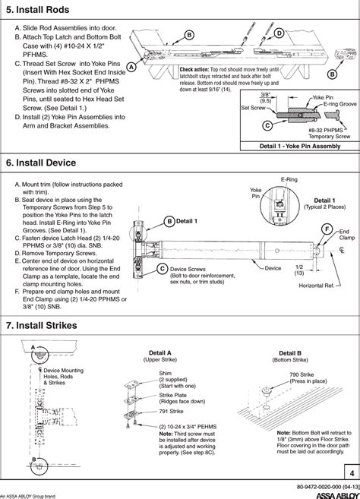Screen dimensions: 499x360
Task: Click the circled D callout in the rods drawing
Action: (279, 33)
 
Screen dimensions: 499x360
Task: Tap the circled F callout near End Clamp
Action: (326, 229)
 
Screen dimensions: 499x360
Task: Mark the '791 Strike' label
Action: (169, 411)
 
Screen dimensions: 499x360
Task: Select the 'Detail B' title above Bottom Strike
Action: (289, 353)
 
